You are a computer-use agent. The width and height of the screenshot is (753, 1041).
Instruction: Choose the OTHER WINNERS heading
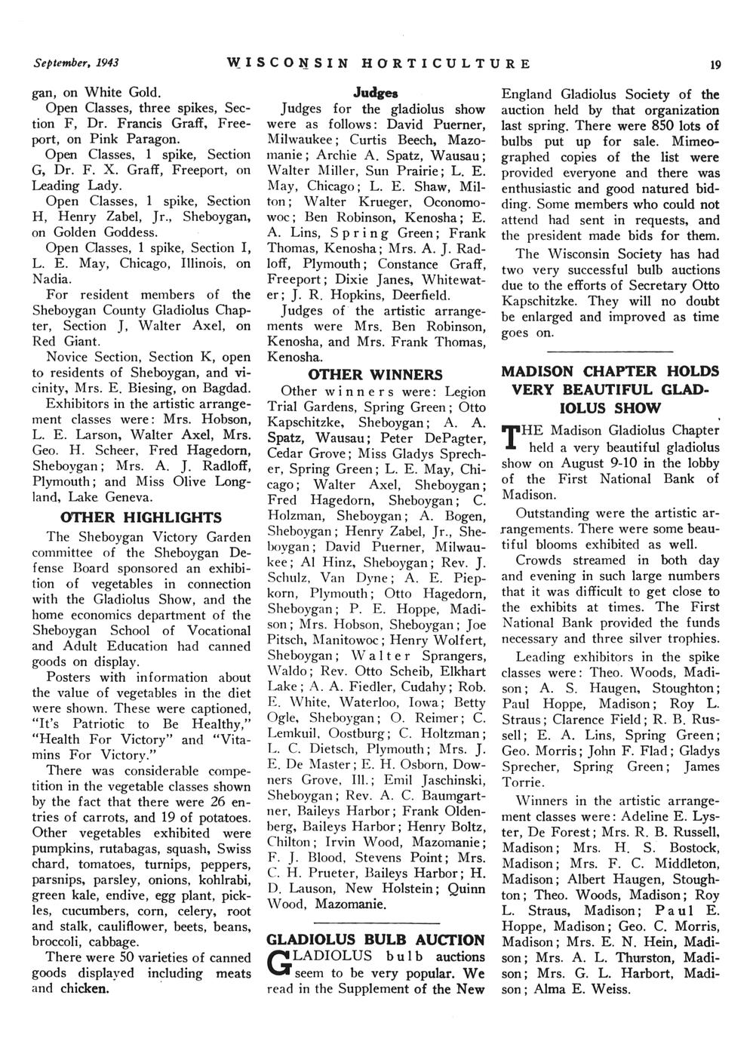click(376, 375)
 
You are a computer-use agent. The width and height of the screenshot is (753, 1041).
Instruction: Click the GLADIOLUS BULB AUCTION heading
click(376, 940)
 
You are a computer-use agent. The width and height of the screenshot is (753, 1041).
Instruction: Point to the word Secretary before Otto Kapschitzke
click(653, 286)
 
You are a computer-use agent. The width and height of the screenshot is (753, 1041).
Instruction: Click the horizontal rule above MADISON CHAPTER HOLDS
click(609, 352)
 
